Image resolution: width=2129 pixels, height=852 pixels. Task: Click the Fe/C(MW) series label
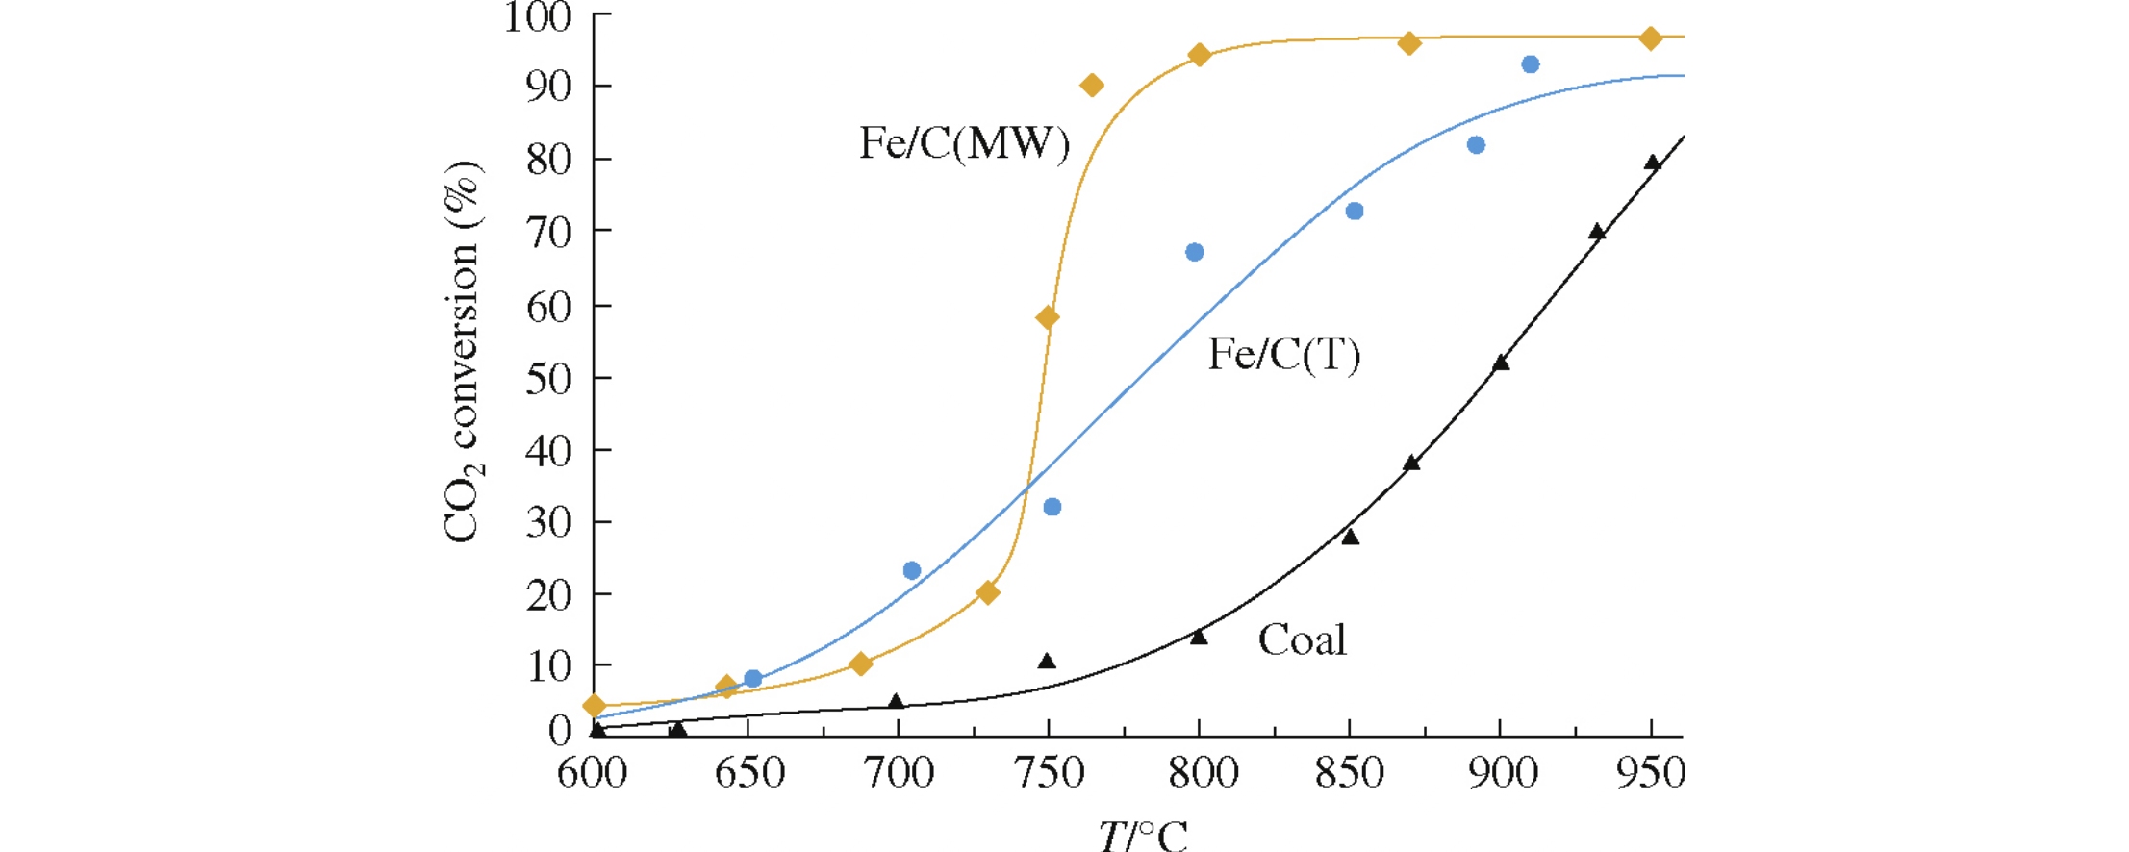pos(964,144)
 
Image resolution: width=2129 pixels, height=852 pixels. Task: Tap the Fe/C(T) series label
pos(1284,355)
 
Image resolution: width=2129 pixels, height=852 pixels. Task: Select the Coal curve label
pos(1302,640)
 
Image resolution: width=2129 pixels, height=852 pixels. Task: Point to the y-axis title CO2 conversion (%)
pos(464,352)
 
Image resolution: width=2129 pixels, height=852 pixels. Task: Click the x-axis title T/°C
pos(1143,834)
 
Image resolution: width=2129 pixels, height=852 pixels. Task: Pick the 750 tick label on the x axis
pos(1050,773)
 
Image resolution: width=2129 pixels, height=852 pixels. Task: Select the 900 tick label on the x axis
pos(1502,773)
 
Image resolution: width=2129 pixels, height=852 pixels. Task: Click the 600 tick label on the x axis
pos(593,773)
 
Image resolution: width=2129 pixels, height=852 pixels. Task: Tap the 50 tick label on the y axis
pos(547,379)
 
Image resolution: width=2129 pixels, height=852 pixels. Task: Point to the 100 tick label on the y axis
pos(538,17)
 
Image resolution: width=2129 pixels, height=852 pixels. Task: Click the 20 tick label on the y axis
pos(547,595)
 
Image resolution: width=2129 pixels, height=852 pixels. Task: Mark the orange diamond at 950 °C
pos(1651,38)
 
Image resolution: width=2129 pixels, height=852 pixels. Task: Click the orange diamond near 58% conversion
pos(1048,317)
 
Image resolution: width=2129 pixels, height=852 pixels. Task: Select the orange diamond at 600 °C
pos(595,706)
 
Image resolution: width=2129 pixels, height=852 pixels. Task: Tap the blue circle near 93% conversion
pos(1531,64)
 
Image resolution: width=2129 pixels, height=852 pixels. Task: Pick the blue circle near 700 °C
pos(912,570)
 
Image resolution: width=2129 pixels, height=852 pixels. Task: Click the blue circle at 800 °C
pos(1195,252)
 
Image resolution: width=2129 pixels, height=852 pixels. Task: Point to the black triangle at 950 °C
pos(1653,163)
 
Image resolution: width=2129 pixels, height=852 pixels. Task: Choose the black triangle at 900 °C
pos(1501,363)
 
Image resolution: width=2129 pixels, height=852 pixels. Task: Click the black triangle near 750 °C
pos(1047,661)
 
